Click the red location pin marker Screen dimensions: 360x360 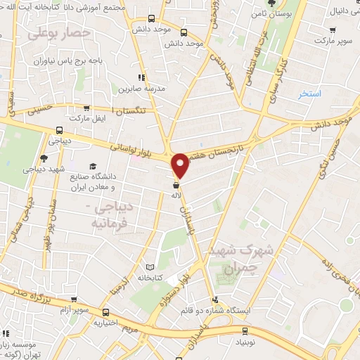181,165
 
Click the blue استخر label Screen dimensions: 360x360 309,94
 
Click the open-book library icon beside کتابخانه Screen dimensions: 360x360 148,268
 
